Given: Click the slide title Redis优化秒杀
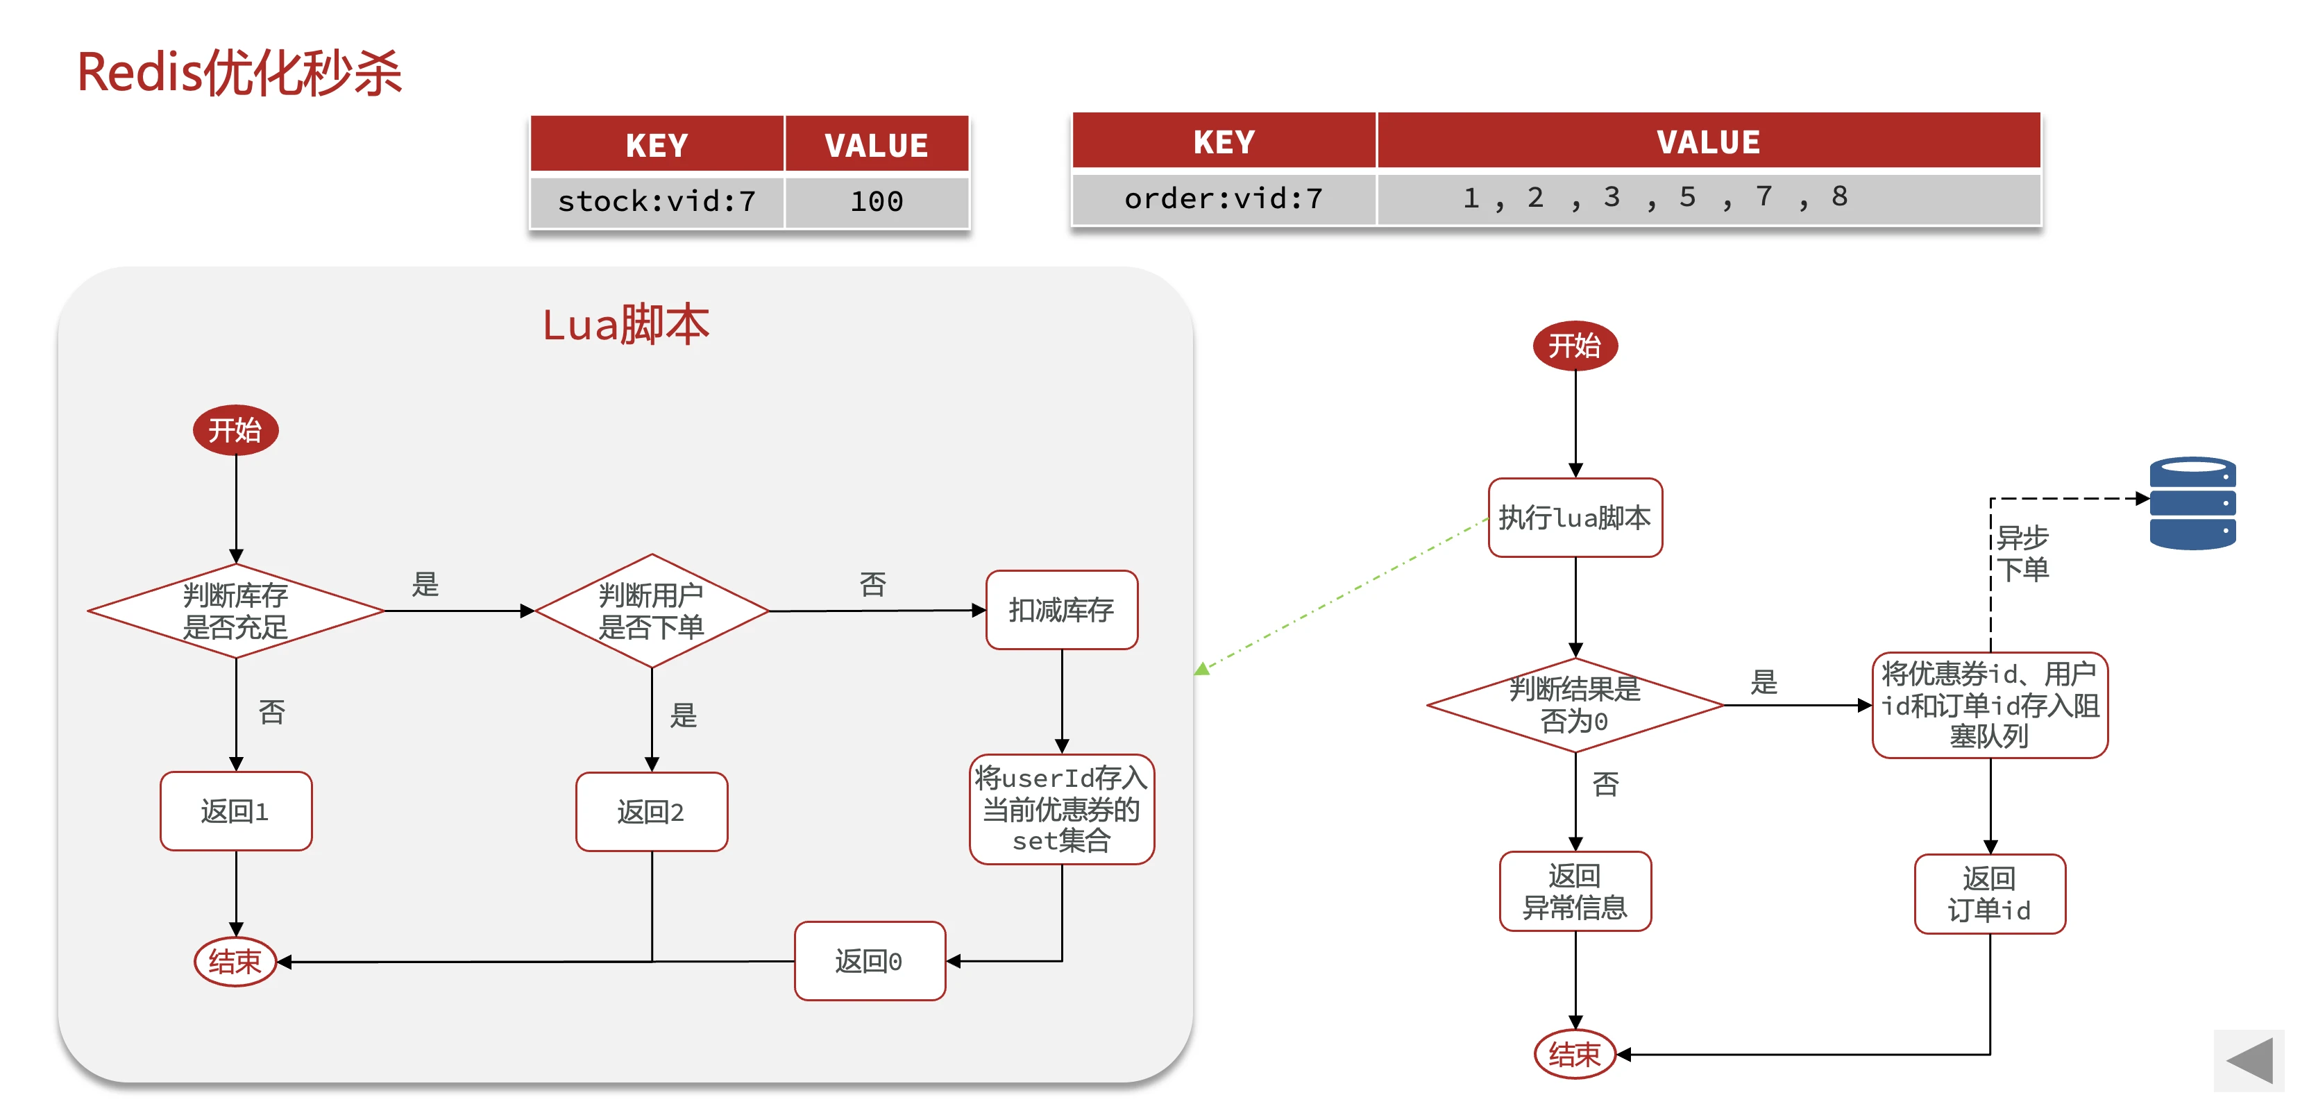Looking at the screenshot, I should click(x=239, y=73).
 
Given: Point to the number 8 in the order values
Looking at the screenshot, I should click(x=1839, y=196).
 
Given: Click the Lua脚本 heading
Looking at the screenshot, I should click(x=625, y=325).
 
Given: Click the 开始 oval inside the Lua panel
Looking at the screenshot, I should click(x=236, y=430).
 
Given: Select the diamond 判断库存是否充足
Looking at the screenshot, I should click(x=236, y=611).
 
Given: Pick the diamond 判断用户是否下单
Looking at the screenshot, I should click(x=651, y=611).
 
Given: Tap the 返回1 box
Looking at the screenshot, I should click(x=236, y=811).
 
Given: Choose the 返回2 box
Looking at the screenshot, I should click(x=651, y=811).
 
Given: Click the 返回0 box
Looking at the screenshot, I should click(x=870, y=961).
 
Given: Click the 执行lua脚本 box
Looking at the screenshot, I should click(x=1575, y=518).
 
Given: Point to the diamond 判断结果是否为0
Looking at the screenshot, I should click(x=1575, y=705).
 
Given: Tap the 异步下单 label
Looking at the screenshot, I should click(x=2022, y=553).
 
